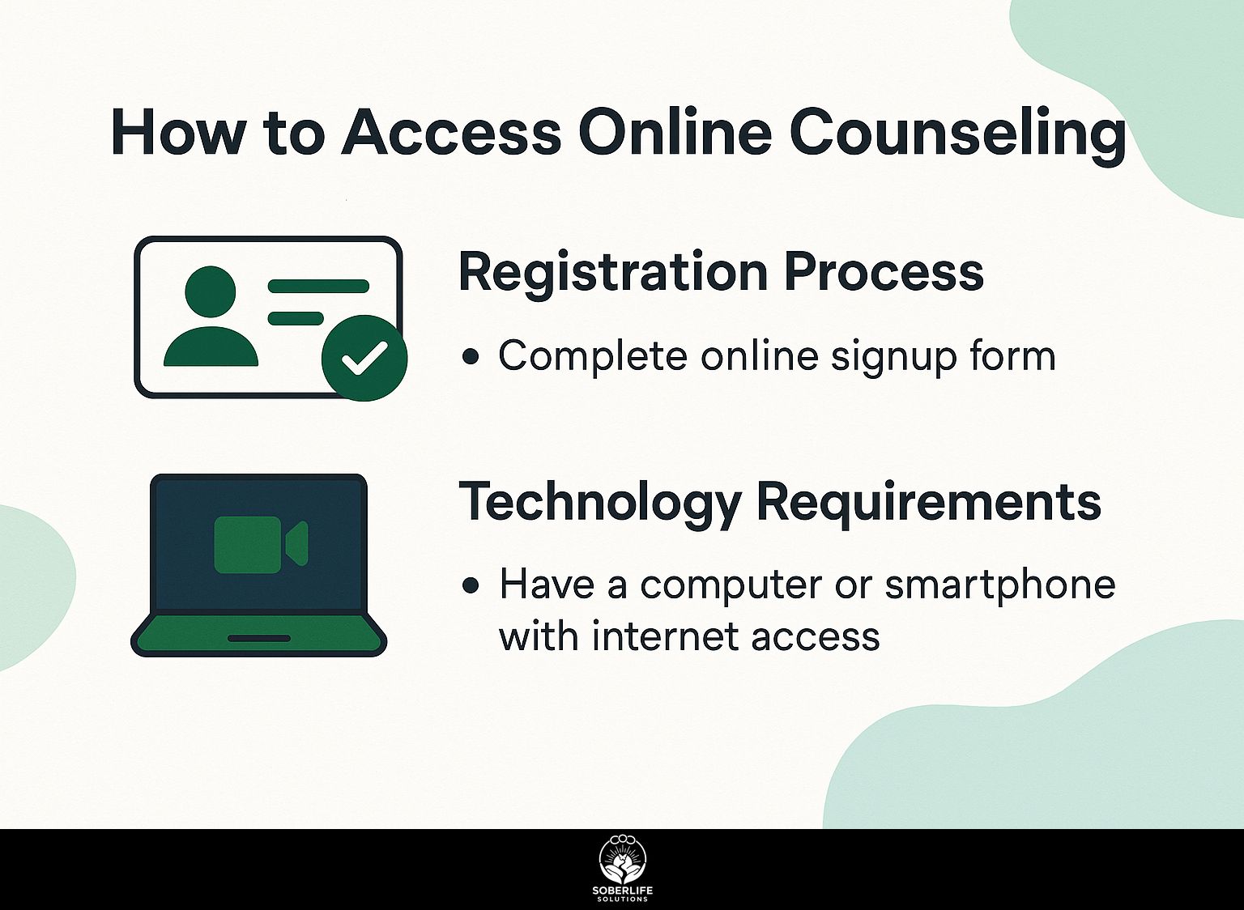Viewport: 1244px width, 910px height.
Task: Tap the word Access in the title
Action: click(451, 134)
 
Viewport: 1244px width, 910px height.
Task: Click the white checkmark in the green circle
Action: click(364, 358)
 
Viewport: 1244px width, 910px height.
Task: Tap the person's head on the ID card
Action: click(211, 292)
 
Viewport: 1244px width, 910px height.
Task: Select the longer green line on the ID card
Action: click(318, 286)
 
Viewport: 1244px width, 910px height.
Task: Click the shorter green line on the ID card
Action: click(296, 318)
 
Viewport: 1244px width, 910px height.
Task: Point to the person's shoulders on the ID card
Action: click(211, 347)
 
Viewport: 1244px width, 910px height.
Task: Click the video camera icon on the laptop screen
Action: click(261, 545)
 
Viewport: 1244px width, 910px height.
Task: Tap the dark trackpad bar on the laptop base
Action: click(259, 639)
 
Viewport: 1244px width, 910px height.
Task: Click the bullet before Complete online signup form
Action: click(471, 356)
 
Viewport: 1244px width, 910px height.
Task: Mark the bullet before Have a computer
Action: click(471, 585)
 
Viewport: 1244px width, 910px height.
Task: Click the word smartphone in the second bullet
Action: click(999, 587)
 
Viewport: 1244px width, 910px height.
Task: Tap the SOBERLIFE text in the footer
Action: click(622, 891)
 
